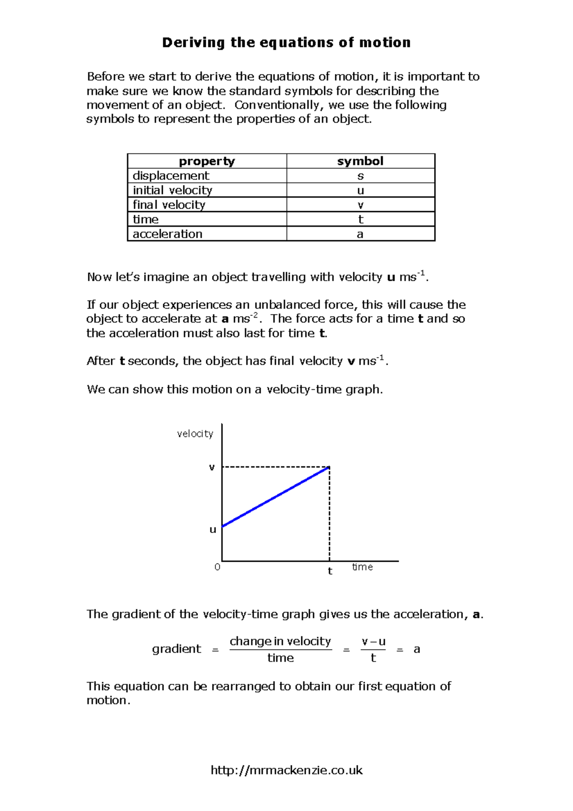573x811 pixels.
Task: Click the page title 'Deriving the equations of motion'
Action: click(286, 43)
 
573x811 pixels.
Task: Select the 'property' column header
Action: click(207, 161)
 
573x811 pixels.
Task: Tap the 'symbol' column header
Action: click(360, 161)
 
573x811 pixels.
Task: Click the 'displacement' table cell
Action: click(171, 176)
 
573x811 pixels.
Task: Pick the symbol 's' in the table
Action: click(361, 176)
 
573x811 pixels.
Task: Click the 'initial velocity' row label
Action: click(172, 190)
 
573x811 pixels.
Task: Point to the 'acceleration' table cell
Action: click(168, 234)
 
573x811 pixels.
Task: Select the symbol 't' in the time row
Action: click(361, 219)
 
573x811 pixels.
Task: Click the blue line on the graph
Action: click(276, 497)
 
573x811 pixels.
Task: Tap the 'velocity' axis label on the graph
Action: click(195, 434)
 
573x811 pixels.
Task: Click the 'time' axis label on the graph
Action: click(362, 567)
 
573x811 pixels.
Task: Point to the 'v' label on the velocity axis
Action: click(212, 467)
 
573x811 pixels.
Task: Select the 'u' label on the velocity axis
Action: click(213, 529)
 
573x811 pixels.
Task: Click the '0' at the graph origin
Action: click(217, 567)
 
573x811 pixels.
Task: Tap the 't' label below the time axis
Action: click(330, 571)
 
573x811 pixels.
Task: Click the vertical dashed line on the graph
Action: click(329, 516)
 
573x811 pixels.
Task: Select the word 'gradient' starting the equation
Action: click(177, 649)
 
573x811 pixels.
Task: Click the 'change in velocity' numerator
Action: click(280, 641)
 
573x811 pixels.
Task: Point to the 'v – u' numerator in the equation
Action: click(373, 641)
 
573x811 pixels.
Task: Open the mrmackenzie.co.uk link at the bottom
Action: click(286, 770)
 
